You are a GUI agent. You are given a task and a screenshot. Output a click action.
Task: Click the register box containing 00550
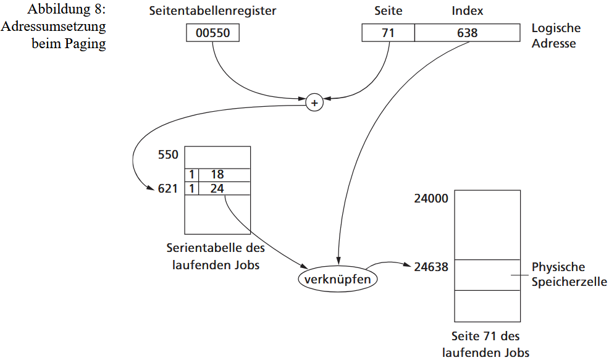[212, 33]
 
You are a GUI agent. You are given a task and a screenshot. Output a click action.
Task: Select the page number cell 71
[388, 33]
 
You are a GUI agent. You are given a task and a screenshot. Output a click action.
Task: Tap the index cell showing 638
[467, 33]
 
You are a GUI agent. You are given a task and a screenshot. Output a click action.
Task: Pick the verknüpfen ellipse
[338, 279]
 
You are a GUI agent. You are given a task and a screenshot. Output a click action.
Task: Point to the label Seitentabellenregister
[212, 11]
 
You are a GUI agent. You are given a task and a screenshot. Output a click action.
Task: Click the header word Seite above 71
[388, 11]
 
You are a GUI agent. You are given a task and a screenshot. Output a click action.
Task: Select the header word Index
[467, 11]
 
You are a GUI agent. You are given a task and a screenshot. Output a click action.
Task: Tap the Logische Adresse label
[556, 36]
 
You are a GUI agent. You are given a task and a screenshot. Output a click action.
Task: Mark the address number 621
[168, 188]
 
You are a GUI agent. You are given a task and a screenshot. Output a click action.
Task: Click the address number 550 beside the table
[168, 154]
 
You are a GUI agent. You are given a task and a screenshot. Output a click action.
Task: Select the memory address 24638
[431, 267]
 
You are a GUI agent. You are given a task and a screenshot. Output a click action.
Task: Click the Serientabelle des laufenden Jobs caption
[216, 256]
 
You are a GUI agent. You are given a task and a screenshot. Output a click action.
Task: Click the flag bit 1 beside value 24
[192, 188]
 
